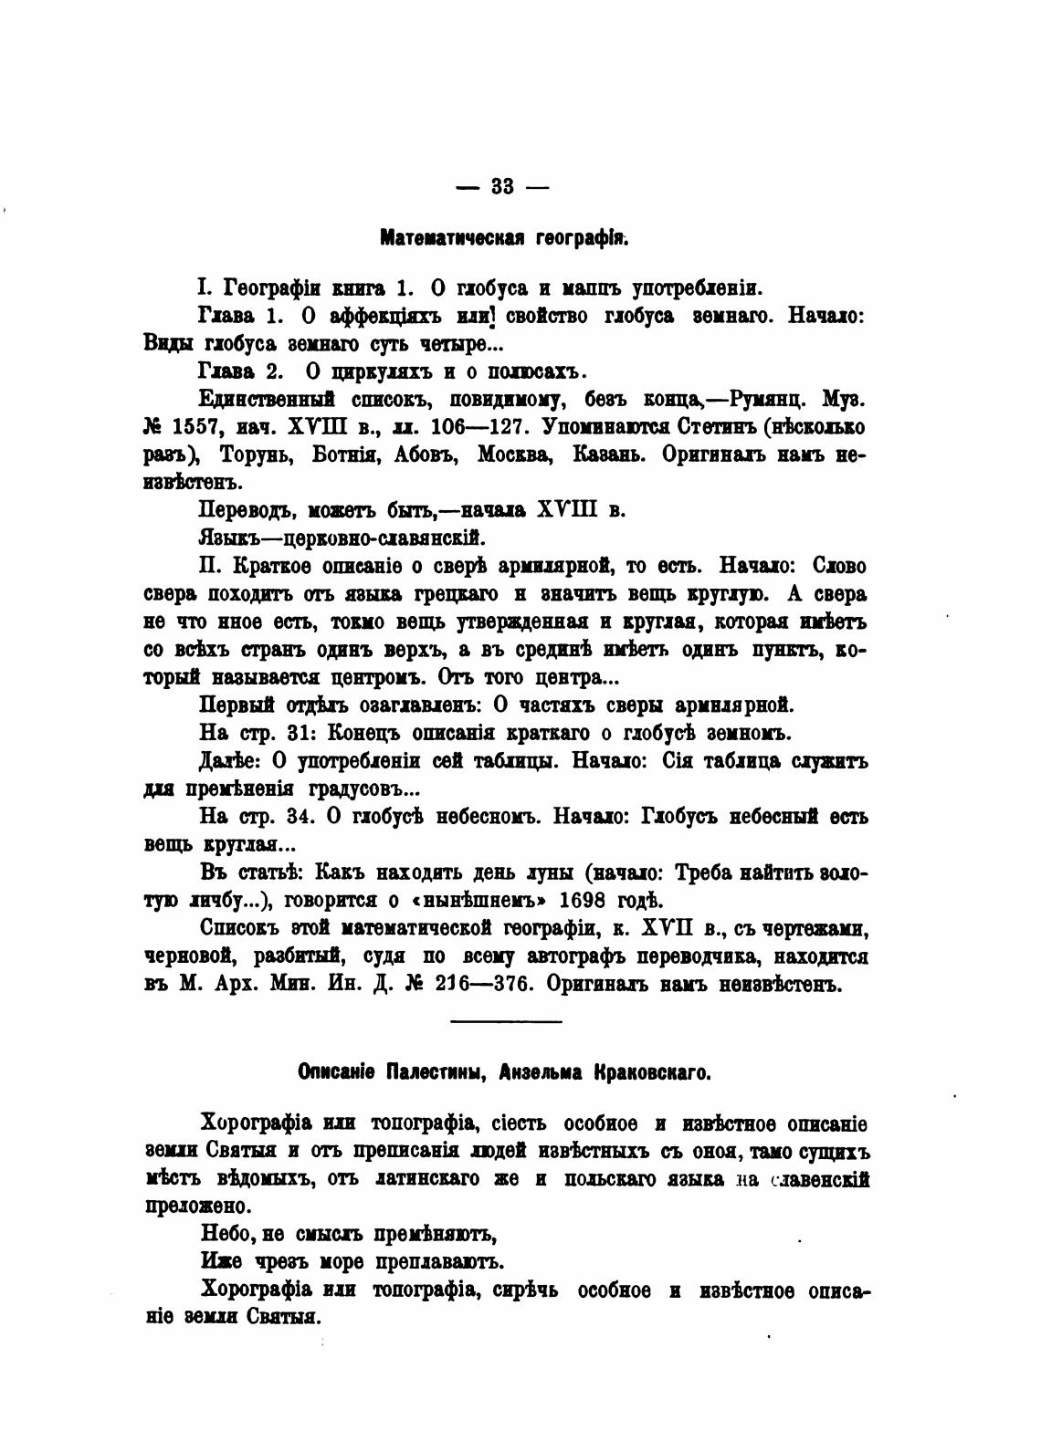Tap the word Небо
(225, 1235)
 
